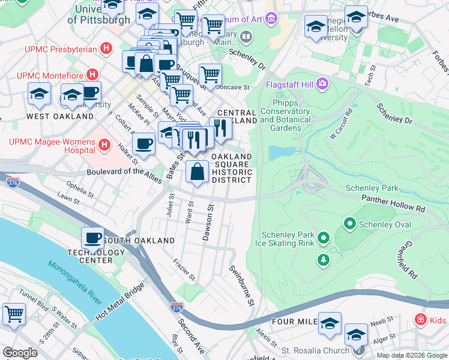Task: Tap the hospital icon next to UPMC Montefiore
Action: coord(92,75)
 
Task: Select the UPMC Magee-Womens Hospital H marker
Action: coord(104,145)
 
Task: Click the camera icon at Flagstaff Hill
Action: coord(323,83)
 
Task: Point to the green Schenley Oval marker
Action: coord(350,224)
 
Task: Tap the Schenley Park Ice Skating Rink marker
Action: coord(324,239)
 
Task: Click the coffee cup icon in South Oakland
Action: coord(92,238)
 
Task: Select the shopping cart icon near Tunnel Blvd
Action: coord(13,313)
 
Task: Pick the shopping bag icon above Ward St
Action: coord(197,173)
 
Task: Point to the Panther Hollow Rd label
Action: coord(393,202)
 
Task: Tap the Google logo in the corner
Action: coord(20,353)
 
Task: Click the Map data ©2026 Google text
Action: coord(412,355)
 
